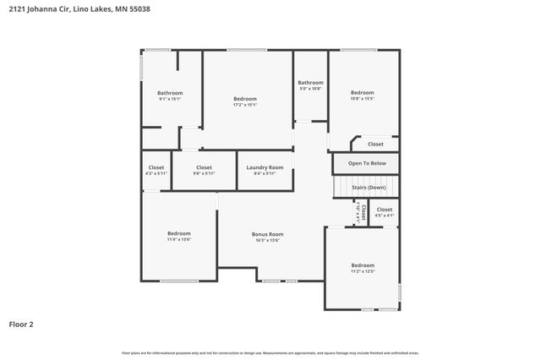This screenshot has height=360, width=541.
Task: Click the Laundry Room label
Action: (265, 167)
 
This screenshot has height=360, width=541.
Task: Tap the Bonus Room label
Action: (267, 234)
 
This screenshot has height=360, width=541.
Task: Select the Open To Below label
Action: (367, 163)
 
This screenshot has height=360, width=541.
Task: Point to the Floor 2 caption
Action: (21, 324)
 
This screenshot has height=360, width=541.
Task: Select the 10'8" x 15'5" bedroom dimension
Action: (362, 99)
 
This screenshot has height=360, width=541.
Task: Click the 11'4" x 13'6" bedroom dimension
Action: (178, 240)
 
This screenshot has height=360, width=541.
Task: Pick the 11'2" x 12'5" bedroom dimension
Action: (362, 271)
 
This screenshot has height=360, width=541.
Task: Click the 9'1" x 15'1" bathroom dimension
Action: (170, 99)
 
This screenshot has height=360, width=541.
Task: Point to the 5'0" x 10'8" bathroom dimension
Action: (310, 89)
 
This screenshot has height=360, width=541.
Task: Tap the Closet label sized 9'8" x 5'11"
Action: (204, 173)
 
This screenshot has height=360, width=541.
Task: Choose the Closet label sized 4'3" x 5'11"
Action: (156, 173)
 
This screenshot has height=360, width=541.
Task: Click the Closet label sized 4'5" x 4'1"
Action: (385, 215)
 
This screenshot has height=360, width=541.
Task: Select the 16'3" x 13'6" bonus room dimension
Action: (267, 241)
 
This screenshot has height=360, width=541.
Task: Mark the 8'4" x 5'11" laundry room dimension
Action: (265, 173)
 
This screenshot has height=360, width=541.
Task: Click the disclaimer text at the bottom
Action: (270, 352)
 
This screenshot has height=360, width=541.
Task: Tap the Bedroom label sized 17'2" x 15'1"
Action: (244, 99)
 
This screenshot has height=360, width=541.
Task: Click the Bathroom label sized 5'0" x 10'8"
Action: (310, 82)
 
